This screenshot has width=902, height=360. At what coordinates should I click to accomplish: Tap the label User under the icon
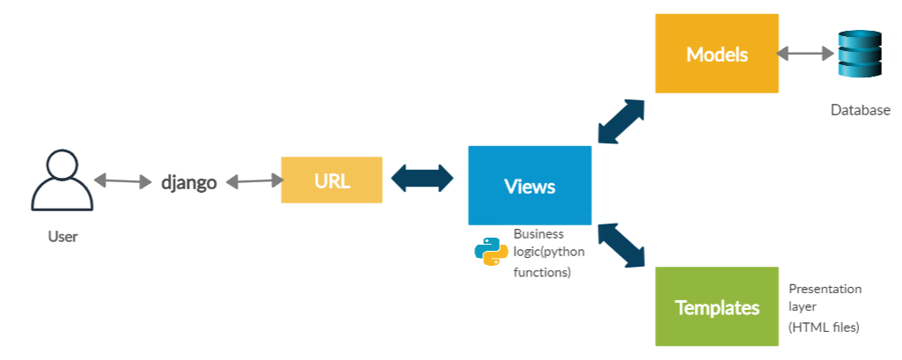pos(62,237)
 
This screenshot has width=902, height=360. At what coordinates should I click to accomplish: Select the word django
pos(188,183)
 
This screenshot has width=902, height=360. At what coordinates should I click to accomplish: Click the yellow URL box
pos(332,180)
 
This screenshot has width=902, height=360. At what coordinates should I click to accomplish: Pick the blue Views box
pos(529,186)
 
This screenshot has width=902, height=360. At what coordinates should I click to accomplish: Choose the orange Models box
pos(716,54)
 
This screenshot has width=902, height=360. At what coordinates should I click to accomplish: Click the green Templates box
pos(716,306)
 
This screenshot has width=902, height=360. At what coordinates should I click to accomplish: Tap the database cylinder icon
pos(859,55)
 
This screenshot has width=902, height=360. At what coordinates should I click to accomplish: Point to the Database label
pos(860,111)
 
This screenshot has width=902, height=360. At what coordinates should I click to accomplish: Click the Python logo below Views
pos(491,252)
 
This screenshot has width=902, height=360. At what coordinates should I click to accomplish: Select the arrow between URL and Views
pos(422,179)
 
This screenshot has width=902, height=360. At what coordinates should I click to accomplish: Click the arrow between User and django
pos(123,181)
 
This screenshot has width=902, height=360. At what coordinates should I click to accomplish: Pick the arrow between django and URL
pos(255,181)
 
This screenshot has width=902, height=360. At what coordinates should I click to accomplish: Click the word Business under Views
pos(539,234)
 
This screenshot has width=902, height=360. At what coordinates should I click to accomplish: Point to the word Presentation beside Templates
pos(825,289)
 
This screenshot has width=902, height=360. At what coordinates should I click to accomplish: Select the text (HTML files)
pos(824,327)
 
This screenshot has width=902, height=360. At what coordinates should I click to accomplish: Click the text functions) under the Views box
pos(542,273)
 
